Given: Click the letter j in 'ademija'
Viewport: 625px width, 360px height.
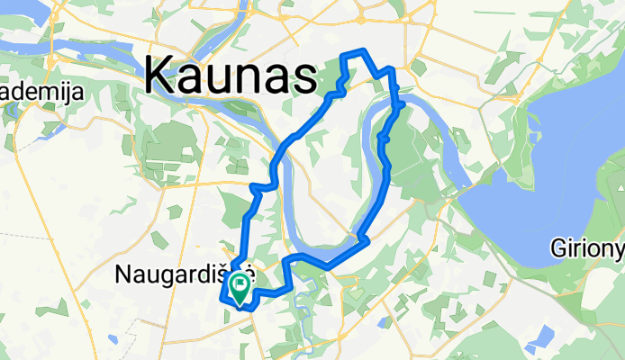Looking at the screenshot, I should click(64, 93).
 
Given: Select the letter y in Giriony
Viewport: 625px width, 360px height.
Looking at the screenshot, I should click(618, 249).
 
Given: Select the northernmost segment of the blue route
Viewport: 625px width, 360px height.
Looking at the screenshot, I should click(353, 51).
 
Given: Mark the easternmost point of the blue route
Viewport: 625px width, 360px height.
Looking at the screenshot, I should click(401, 107).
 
